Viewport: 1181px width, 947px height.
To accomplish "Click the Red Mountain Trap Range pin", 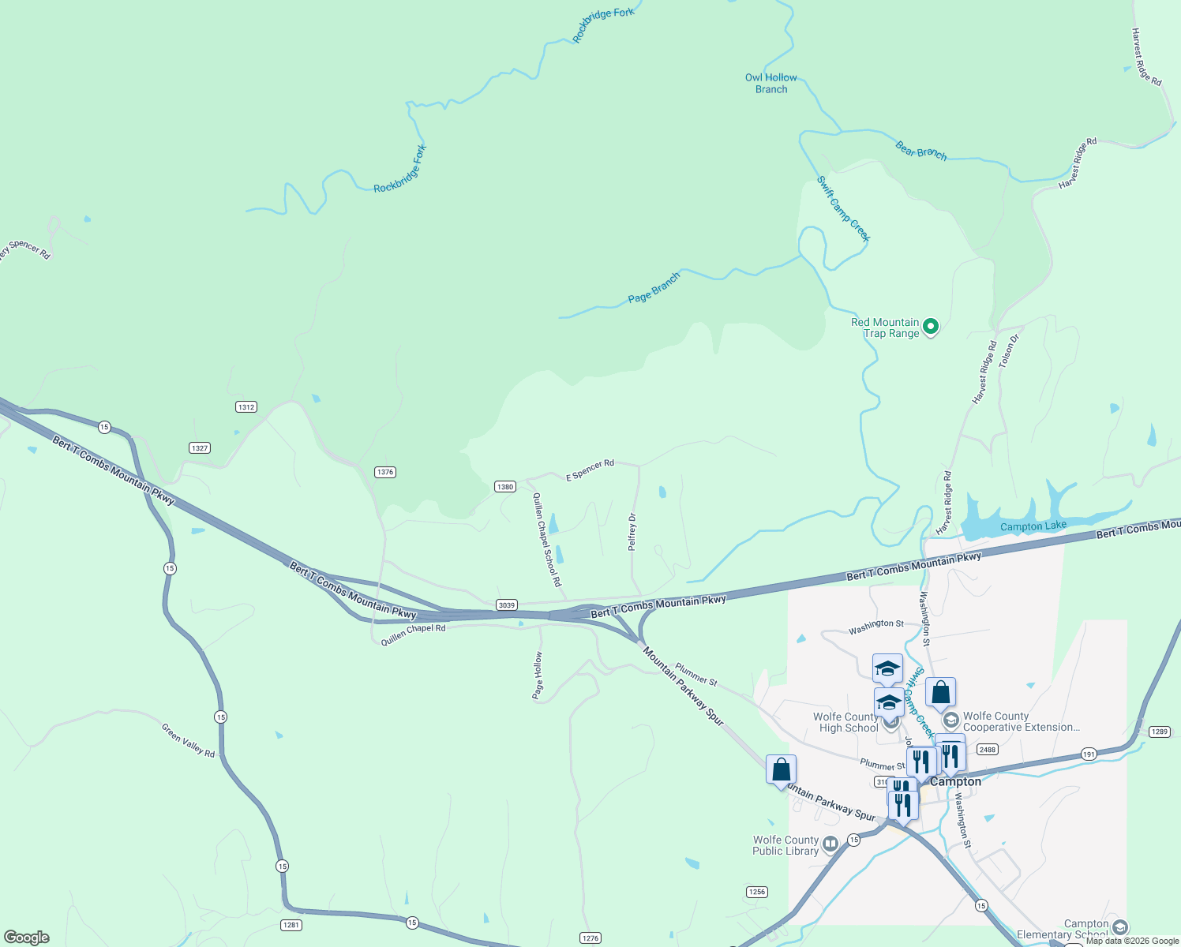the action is coord(931,326).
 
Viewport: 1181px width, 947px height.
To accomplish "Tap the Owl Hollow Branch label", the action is coord(771,84).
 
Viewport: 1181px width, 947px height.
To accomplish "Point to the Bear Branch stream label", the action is coord(920,150).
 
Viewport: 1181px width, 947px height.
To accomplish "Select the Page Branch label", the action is coord(654,288).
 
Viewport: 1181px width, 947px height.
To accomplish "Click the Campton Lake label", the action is coord(1033,526).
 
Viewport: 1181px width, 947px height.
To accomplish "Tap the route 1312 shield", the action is coord(246,407).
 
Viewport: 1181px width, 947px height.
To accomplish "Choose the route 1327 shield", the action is coord(200,448).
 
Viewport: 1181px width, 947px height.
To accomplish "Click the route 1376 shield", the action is coord(384,472).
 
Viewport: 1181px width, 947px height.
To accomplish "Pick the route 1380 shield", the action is coord(505,487).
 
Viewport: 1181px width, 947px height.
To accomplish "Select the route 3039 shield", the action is coord(507,605).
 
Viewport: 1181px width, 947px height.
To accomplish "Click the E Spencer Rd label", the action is coord(590,470).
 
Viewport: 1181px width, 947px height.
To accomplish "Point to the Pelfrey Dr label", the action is coord(632,532).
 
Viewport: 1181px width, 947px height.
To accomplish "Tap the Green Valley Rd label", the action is coord(188,741).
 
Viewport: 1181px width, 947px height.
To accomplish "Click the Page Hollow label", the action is coord(538,676).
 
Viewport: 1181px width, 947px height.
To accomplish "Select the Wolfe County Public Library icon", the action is coord(830,845).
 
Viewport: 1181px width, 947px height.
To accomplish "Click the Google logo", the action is coord(26,938).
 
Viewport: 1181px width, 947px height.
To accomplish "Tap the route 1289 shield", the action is coord(1159,732).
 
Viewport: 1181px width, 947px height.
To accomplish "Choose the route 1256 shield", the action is coord(756,892).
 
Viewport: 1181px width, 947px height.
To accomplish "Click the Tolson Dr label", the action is coord(1009,350).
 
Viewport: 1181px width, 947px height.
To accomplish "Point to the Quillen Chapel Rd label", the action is coord(413,634).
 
